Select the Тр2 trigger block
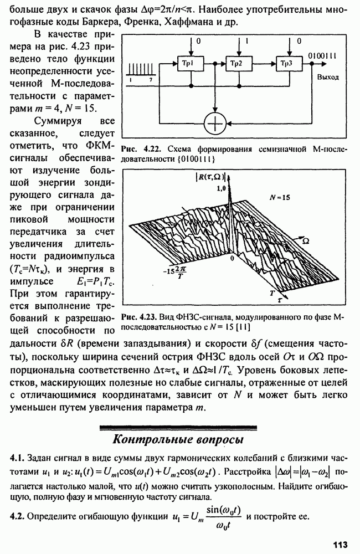coord(239,63)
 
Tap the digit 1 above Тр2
coord(247,42)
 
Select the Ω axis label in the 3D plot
coord(305,242)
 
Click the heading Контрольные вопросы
coord(178,439)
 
